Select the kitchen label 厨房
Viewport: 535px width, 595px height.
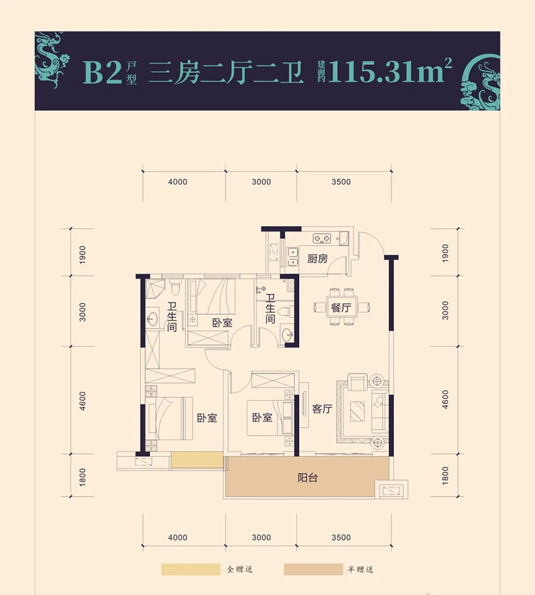[x=318, y=260]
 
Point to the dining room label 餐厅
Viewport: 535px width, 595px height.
[x=340, y=309]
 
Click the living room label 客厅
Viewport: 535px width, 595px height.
[x=322, y=410]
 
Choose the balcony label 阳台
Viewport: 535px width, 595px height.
[x=308, y=478]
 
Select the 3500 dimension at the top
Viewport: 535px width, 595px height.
[x=341, y=182]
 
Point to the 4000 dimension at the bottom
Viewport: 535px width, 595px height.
[x=178, y=537]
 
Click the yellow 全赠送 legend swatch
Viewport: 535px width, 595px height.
[x=190, y=570]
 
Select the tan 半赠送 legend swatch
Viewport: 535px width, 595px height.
[x=312, y=570]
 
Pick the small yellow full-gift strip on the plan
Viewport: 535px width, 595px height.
[x=197, y=460]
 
